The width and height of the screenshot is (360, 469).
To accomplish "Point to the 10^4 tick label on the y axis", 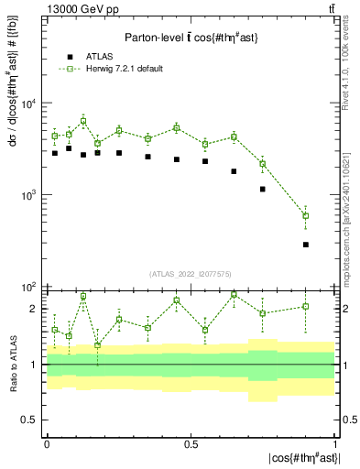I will [x=29, y=104].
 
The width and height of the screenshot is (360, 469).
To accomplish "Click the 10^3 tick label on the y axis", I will [x=29, y=195].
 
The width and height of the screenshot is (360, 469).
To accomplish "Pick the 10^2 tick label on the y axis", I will [x=29, y=287].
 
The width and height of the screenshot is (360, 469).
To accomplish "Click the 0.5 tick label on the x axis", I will [x=190, y=443].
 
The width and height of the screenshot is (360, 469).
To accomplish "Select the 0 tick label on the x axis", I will [x=46, y=443].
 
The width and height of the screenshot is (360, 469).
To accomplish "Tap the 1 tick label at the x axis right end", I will [x=334, y=443].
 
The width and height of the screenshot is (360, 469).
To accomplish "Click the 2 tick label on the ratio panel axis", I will [x=34, y=309].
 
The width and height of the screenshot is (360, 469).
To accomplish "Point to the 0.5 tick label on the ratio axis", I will [x=29, y=420].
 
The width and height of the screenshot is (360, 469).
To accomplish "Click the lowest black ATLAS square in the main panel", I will [x=305, y=245].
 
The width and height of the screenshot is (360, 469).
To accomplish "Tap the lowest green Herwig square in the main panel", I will [x=305, y=216].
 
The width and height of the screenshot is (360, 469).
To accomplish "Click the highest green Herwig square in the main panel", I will [x=83, y=121].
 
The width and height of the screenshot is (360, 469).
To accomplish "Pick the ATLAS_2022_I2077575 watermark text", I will [x=190, y=274].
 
